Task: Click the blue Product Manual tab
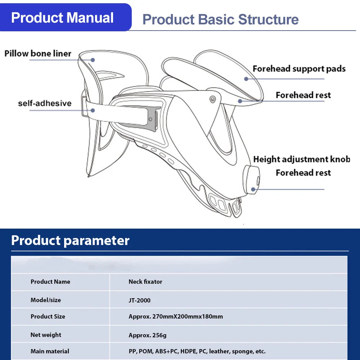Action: (63, 18)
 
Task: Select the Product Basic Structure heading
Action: (220, 19)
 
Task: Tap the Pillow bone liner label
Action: (38, 54)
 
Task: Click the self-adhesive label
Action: (45, 103)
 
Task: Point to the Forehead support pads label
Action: (299, 69)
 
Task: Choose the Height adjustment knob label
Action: (301, 159)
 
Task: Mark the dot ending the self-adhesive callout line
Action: (93, 110)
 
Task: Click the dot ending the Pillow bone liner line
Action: (93, 60)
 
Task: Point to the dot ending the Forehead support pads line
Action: (246, 79)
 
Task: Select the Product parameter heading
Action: (70, 240)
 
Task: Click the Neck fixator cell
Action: (145, 282)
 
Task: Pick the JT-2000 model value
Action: (139, 300)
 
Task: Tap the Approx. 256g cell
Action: (148, 335)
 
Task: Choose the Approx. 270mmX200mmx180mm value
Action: (176, 317)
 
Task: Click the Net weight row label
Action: (46, 335)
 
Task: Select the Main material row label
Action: (50, 351)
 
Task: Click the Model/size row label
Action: (46, 300)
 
